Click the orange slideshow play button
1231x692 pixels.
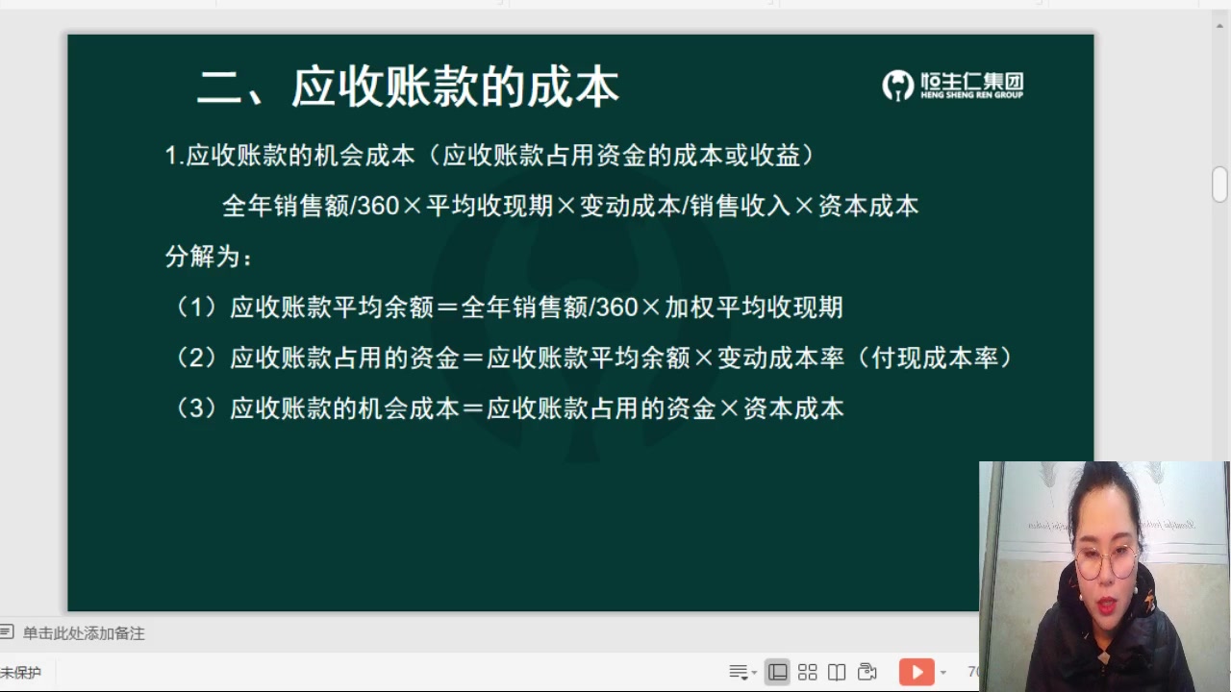(916, 672)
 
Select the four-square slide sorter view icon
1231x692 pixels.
(808, 672)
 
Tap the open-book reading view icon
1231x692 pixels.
(837, 672)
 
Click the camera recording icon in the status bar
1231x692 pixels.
(867, 672)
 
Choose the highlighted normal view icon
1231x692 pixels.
(777, 672)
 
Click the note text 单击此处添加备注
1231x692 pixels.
(84, 633)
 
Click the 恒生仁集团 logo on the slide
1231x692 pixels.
(952, 86)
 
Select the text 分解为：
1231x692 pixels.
(210, 257)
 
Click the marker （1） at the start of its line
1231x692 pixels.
(197, 308)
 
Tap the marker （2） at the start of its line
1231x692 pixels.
(197, 358)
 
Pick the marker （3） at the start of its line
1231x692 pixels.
(197, 408)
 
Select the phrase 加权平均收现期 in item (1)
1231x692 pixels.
(754, 308)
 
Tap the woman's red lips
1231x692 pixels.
(1107, 604)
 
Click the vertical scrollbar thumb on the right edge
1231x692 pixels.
(1219, 184)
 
